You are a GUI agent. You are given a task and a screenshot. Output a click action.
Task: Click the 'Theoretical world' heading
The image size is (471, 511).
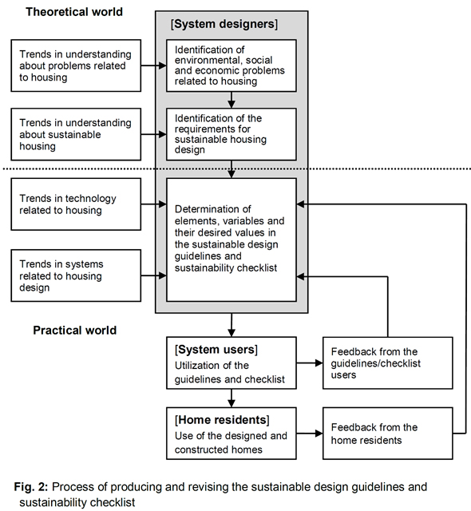coord(74,12)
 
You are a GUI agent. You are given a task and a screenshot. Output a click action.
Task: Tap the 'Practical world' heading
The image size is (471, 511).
coord(74,330)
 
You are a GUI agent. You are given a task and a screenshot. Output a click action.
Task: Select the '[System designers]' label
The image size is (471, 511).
coord(224,24)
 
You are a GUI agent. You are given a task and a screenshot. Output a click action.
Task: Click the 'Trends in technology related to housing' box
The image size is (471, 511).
coord(76,204)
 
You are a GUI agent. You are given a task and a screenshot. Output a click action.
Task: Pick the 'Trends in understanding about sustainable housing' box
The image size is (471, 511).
coord(76,134)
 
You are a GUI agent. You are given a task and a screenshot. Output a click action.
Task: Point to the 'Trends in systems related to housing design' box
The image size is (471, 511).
coord(76,275)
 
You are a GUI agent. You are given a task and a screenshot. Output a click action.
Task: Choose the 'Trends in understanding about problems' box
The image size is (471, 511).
coord(76,65)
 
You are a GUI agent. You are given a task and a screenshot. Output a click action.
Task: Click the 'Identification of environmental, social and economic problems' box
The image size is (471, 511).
coord(232,65)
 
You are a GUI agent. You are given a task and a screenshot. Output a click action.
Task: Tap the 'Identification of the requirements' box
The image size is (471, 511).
coord(232,134)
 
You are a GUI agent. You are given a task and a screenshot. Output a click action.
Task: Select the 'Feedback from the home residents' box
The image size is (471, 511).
coord(388,434)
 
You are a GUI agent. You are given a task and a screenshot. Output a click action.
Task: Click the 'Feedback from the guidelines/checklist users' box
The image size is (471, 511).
coord(388,363)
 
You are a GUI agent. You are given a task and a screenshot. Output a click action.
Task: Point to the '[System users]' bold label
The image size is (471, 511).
coord(216,350)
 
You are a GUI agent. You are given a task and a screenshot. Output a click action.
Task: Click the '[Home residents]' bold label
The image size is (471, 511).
coord(222,420)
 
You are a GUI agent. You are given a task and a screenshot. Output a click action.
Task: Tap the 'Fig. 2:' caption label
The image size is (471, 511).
coord(31,487)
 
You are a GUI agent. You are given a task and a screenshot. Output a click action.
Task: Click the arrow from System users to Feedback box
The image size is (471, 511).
coord(310,362)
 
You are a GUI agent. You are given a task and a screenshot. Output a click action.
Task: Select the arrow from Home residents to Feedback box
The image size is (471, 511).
coord(310,434)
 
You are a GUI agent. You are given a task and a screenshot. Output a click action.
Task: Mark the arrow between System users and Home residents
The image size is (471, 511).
coord(232,398)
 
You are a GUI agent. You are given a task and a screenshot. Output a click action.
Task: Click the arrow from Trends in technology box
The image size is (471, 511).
coord(154,204)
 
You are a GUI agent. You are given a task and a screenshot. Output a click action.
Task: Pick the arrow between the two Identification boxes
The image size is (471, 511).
coord(232,100)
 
